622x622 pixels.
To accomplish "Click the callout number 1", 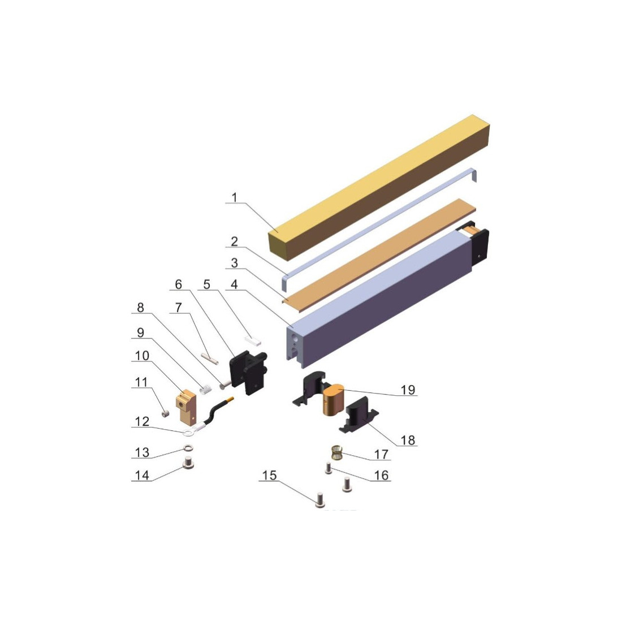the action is pos(234,197).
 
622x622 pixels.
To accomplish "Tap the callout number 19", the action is pos(408,390).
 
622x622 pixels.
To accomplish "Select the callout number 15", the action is pos(269,475).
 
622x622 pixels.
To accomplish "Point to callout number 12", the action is pos(142,421).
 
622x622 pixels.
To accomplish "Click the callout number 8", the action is pos(140,307).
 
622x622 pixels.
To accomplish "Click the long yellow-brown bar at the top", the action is pos(379,188).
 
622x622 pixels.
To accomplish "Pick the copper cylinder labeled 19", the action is pos(333,400).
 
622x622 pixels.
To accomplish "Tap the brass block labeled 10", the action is pos(185,407).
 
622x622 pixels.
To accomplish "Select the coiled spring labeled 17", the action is pos(337,452).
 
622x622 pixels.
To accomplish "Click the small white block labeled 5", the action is pos(253,340).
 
